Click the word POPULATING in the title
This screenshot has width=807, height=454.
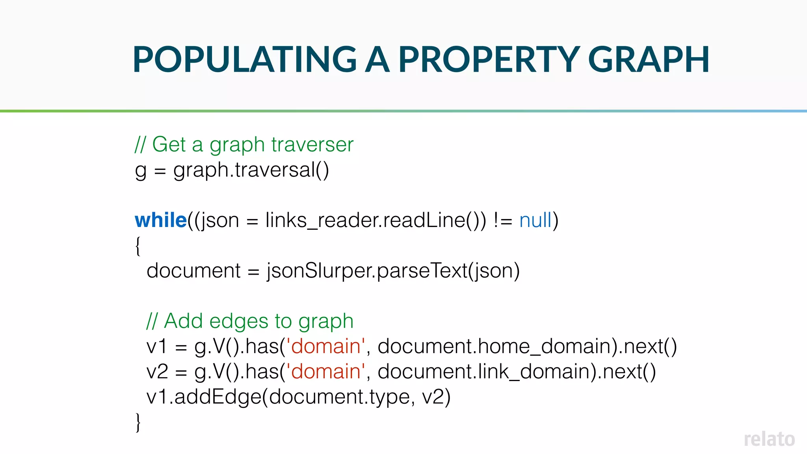coord(244,60)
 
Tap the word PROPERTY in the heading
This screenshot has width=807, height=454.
coord(489,60)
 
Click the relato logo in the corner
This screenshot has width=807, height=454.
coord(769,439)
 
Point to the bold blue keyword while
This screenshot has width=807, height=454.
coord(161,220)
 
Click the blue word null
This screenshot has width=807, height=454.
coord(536,220)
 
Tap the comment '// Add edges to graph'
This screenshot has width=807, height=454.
coord(250,321)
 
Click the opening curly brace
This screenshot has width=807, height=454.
coord(138,246)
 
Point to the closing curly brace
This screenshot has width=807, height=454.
coord(138,422)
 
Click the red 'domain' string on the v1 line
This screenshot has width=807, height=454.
coord(326,346)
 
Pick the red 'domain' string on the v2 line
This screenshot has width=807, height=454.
coord(326,372)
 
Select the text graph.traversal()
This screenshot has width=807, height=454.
coord(251,170)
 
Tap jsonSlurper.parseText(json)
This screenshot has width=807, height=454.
coord(393,271)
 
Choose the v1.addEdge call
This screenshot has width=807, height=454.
coord(298,397)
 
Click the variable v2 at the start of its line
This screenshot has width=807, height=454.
coord(157,372)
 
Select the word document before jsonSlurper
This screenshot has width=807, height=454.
coord(193,271)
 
